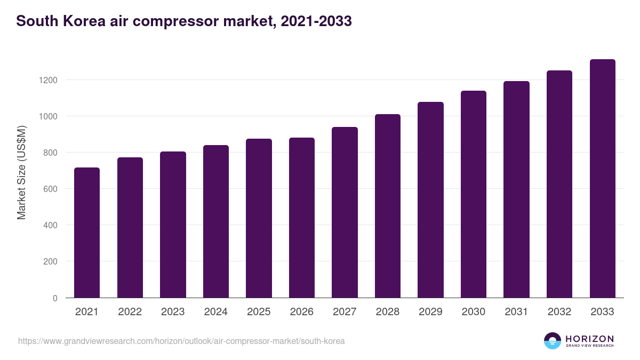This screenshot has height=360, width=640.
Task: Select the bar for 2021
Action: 87,233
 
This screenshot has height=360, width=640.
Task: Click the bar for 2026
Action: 302,218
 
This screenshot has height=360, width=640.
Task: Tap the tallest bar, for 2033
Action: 602,179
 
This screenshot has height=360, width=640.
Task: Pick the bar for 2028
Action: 388,206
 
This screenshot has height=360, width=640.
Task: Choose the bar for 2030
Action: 474,194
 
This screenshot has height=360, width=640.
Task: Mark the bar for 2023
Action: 173,225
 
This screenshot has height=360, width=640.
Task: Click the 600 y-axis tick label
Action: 50,189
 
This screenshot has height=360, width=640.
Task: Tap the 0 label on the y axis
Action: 55,298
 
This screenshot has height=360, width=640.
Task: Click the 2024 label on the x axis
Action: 215,312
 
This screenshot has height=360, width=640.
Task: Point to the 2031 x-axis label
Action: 516,312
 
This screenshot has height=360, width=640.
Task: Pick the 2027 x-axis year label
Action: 345,312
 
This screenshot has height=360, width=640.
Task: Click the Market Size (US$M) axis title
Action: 21,172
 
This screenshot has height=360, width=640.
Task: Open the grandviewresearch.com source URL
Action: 181,341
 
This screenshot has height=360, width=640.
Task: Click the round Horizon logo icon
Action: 553,341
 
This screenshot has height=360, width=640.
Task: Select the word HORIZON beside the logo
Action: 589,339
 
